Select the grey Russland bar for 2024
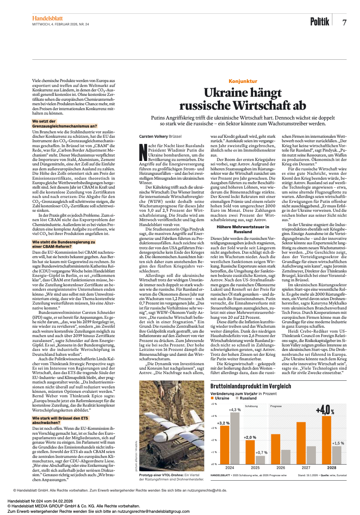tap(234, 438)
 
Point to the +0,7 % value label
tap(261, 453)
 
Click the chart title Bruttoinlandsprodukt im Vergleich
tap(245, 386)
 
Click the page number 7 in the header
tap(344, 22)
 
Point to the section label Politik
tap(319, 21)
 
